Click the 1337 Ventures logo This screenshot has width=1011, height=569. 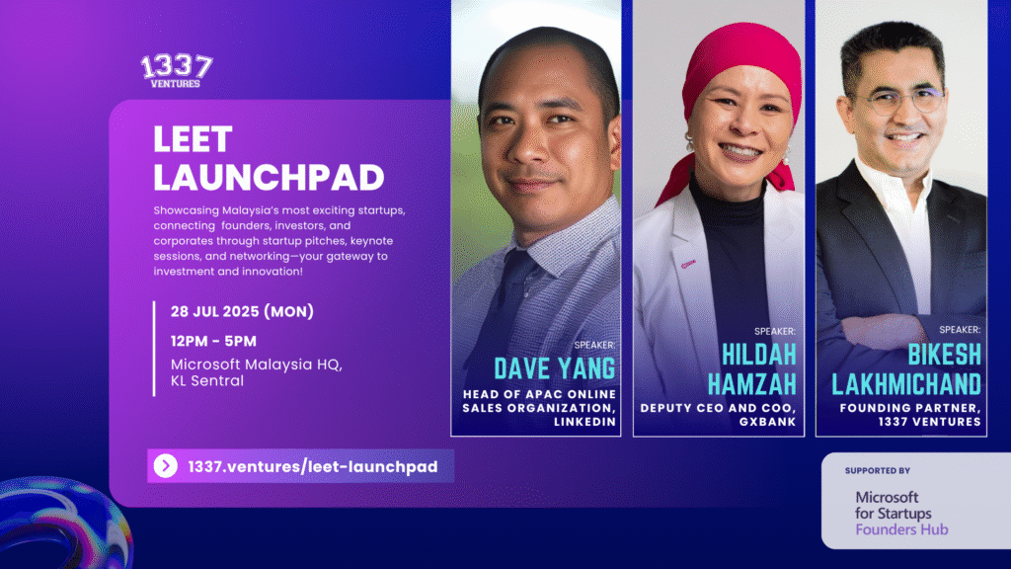[x=177, y=71]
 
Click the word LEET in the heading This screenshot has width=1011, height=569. [x=193, y=139]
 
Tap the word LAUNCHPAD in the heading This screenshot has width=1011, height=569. [x=269, y=178]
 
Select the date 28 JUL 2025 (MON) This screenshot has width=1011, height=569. [x=242, y=311]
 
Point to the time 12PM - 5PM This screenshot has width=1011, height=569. [x=213, y=341]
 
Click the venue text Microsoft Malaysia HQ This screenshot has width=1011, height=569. [x=256, y=365]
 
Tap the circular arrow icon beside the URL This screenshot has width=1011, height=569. [x=165, y=466]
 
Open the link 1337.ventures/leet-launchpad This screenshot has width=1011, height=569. [x=313, y=466]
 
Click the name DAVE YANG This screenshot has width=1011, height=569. [x=555, y=368]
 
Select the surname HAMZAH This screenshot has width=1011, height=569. [x=751, y=384]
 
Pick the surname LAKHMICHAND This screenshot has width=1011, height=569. [x=906, y=384]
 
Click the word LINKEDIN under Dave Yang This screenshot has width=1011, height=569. [x=584, y=422]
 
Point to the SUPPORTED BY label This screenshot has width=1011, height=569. [x=878, y=471]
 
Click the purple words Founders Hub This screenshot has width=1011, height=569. [x=901, y=529]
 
